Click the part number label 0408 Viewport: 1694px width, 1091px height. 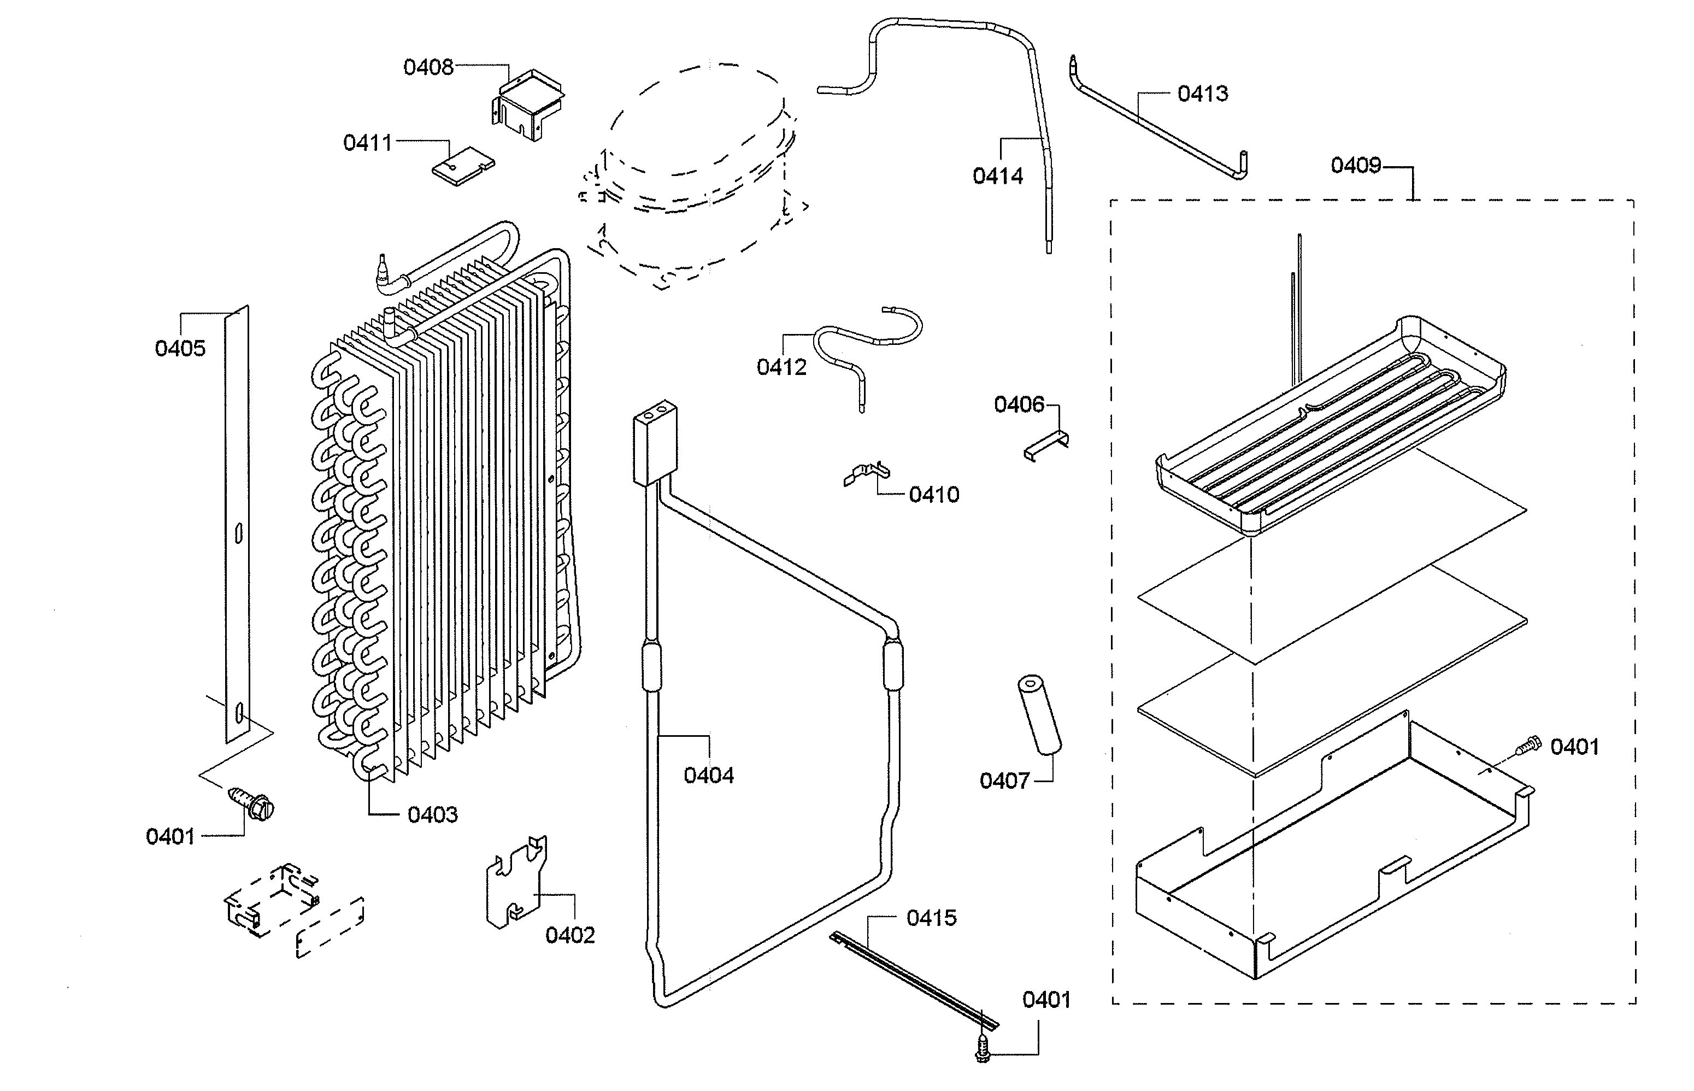[x=428, y=67]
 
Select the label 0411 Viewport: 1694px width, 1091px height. [x=368, y=143]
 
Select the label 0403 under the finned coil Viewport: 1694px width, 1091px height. [x=433, y=816]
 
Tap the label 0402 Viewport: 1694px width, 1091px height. [x=570, y=936]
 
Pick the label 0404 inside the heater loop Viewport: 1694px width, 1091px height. [x=708, y=776]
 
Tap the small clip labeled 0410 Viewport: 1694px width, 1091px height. [x=866, y=473]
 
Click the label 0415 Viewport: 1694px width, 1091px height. [x=931, y=918]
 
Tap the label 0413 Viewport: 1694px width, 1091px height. [x=1203, y=93]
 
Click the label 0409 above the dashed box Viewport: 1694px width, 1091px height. [x=1356, y=166]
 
